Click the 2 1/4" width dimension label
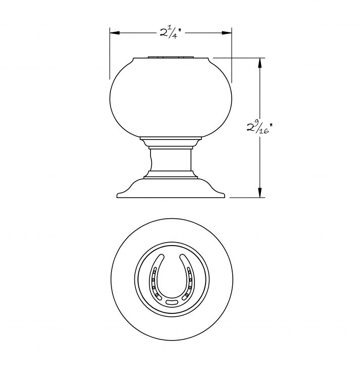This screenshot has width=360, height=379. (171, 33)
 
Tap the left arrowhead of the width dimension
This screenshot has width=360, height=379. (115, 33)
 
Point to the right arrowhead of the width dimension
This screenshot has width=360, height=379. (227, 33)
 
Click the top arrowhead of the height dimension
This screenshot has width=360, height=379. (260, 63)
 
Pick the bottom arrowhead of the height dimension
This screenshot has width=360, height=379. (260, 193)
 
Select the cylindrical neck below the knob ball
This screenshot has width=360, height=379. (171, 160)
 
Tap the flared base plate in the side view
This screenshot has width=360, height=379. (171, 188)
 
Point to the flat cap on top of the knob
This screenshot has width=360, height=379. (171, 57)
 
